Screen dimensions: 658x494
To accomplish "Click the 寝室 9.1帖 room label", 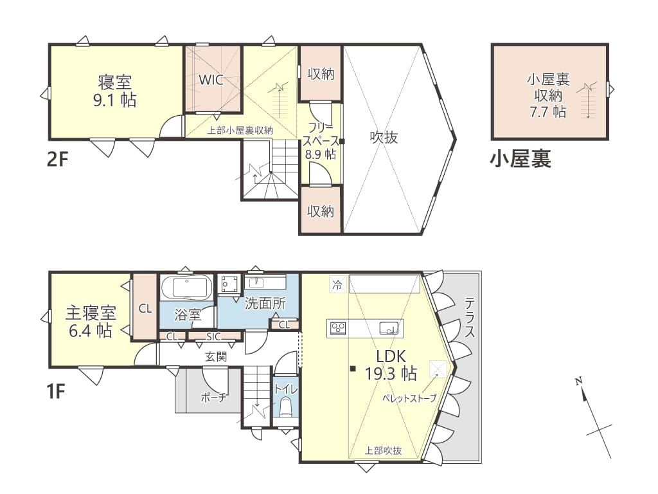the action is (114, 91).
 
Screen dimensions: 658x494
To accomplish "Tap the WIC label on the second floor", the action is (211, 79).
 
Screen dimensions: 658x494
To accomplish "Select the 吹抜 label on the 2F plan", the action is (384, 138).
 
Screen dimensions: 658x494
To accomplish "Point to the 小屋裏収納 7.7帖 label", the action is (548, 95).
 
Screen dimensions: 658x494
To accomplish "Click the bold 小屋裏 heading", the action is (520, 160).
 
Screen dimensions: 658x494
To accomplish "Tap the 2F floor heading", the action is (57, 160).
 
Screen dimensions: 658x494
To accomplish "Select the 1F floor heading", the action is (55, 392).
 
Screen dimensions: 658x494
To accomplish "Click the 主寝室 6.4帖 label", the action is (91, 322).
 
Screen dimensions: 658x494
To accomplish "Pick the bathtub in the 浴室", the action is (187, 288).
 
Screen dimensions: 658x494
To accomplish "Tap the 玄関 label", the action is (216, 356).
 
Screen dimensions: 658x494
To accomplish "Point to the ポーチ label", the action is (213, 397).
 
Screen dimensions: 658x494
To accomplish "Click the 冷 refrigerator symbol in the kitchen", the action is (337, 284).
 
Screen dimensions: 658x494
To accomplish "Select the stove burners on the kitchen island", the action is (338, 328).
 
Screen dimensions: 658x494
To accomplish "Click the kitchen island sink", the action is (389, 328).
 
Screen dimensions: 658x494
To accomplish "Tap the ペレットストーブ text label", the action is (409, 398).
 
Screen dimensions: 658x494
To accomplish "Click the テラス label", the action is (470, 317).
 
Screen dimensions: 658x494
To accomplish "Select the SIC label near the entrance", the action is (213, 336).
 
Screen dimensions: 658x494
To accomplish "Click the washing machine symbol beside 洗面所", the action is (228, 285).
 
